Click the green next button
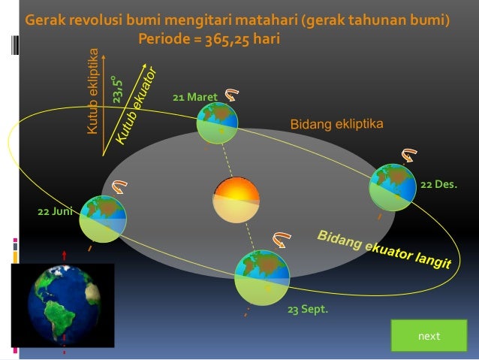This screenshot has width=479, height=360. click(x=429, y=335)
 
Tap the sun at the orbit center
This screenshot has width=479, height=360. click(x=236, y=200)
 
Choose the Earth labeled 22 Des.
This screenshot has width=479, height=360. click(x=393, y=186)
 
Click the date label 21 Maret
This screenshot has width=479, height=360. click(x=194, y=98)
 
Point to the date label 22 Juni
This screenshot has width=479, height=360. click(x=54, y=211)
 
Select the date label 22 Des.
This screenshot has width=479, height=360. click(x=438, y=183)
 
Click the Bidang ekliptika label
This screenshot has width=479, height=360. click(x=337, y=123)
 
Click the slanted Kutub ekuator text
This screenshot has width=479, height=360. click(x=136, y=106)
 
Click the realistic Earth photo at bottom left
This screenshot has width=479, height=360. click(x=64, y=304)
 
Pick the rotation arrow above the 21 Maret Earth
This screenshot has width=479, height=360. click(x=231, y=95)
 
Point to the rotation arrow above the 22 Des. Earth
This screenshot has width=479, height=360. click(x=409, y=156)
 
